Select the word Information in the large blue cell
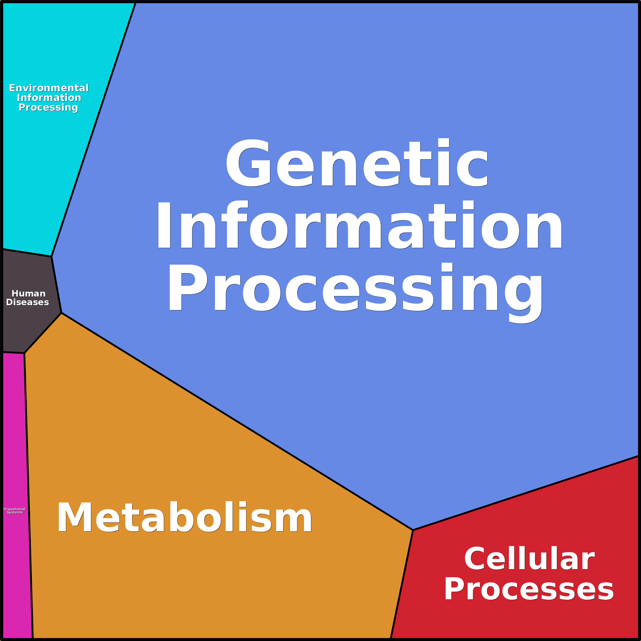point(359,226)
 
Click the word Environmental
point(49,88)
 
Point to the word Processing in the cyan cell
point(48,107)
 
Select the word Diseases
point(28,302)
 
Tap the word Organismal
point(14,509)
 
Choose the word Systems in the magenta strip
point(15,512)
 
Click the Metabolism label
point(184,517)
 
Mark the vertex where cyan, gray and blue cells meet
point(52,256)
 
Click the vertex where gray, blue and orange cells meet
point(61,313)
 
